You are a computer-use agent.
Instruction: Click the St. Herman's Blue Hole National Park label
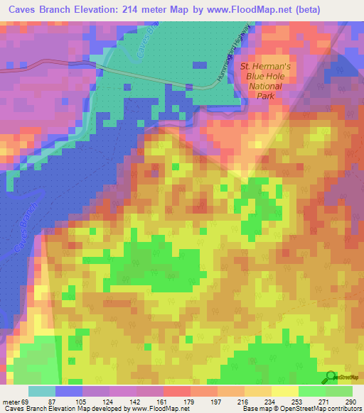(261, 82)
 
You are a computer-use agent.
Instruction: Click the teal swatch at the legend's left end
(42, 391)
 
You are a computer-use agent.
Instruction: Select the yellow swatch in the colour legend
(284, 391)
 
